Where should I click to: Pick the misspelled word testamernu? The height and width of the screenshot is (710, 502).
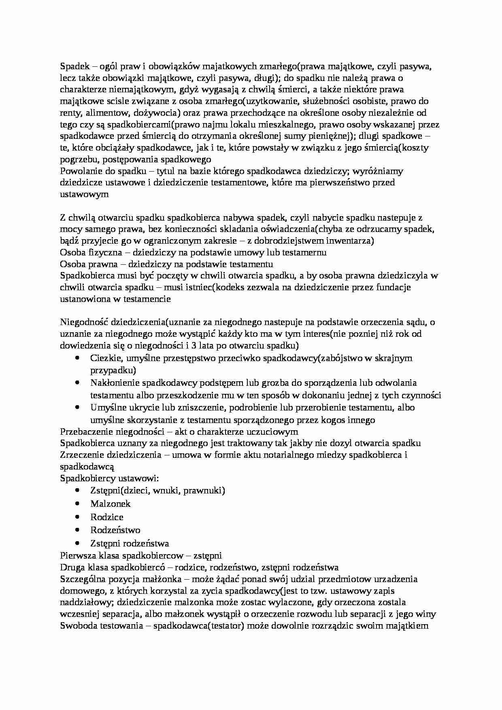point(306,253)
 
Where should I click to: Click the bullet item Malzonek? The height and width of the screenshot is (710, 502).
point(111,504)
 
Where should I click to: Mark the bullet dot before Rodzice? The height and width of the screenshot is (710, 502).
point(77,517)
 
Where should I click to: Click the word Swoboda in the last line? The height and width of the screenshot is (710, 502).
point(77,626)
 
